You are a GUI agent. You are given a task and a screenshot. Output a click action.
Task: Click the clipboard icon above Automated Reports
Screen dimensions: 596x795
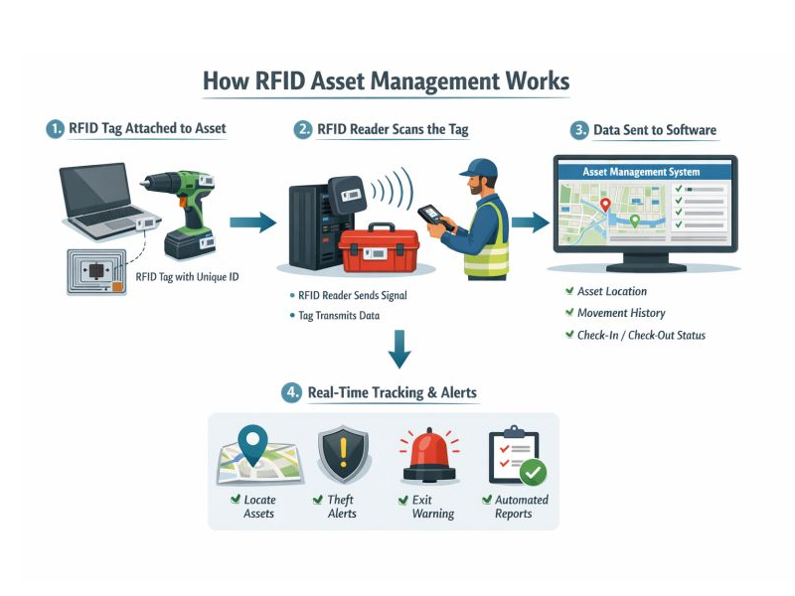click(516, 456)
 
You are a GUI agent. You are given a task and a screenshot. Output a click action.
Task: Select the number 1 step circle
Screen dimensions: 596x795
click(55, 129)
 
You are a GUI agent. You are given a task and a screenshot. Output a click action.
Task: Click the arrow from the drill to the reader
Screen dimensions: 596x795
click(252, 223)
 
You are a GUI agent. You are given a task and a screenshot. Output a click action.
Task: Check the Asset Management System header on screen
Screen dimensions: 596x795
click(641, 172)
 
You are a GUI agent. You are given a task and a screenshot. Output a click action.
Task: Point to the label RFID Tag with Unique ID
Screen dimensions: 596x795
click(187, 276)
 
